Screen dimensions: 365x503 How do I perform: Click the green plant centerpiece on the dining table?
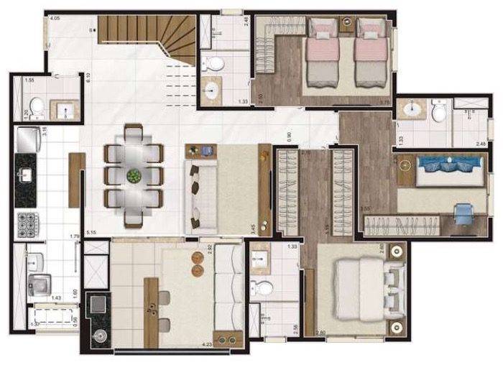pyautogui.click(x=134, y=176)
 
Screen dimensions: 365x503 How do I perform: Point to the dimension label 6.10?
pyautogui.click(x=88, y=79)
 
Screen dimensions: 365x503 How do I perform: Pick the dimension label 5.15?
pyautogui.click(x=91, y=233)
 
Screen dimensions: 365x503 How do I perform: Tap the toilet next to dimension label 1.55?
pyautogui.click(x=39, y=110)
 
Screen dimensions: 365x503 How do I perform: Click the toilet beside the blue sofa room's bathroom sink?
pyautogui.click(x=440, y=112)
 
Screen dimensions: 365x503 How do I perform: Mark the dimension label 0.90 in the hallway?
pyautogui.click(x=288, y=134)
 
